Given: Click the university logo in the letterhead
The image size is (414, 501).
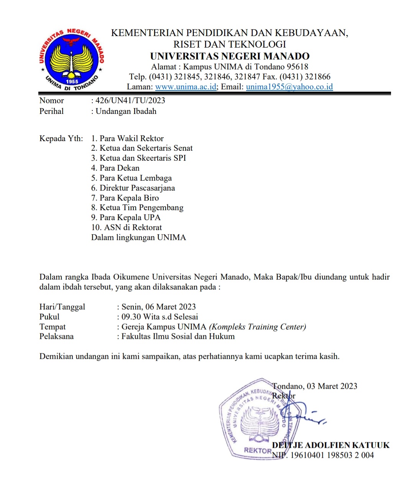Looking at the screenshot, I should pos(71,59).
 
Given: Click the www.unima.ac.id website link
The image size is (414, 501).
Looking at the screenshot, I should pos(186,87).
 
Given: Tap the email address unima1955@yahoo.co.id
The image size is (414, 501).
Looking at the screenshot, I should pos(289,87).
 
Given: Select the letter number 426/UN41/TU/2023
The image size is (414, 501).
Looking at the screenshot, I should pos(130,101).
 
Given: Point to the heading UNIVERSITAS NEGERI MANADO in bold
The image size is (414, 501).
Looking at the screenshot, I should pos(230,56).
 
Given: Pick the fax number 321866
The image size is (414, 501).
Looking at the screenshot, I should pos(317,77).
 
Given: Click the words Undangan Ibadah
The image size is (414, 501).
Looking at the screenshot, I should pos(126,111).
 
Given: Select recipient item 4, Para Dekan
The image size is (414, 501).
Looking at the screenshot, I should pos(119,168).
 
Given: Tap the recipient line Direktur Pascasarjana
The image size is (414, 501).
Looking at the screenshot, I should pos(137,188).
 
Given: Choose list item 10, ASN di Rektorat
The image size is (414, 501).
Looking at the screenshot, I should pos(133,227).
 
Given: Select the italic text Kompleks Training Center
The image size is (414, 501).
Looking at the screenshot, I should pos(257,327).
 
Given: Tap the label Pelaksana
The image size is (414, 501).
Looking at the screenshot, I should pos(56,336).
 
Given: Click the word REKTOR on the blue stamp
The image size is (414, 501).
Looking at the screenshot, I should pos(257,450).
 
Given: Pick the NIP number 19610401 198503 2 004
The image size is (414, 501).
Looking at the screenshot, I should pos(332,455).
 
